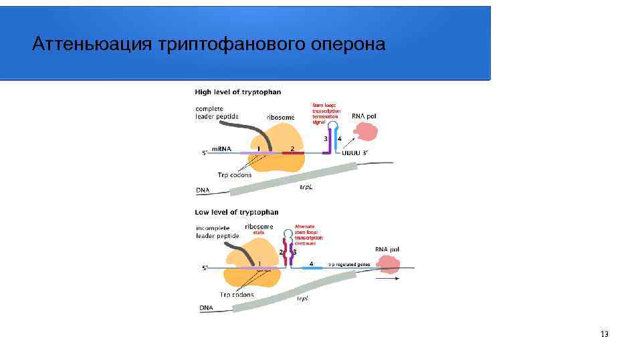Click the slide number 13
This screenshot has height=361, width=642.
click(605, 334)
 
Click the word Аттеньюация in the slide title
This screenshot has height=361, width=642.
click(92, 44)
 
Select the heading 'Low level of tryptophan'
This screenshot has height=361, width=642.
click(237, 212)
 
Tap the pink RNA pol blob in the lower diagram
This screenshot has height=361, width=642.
click(389, 265)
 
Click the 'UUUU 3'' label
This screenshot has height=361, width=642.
click(354, 153)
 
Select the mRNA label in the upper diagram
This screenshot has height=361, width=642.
click(221, 148)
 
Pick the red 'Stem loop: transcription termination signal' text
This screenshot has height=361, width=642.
click(326, 114)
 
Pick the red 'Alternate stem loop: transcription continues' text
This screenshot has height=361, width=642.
click(309, 234)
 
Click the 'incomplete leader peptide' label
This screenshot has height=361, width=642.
click(217, 231)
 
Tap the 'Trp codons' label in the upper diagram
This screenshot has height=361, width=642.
click(234, 175)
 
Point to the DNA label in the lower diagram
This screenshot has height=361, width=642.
click(206, 308)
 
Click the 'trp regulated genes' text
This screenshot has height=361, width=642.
click(348, 264)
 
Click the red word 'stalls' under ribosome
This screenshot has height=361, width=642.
click(259, 233)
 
